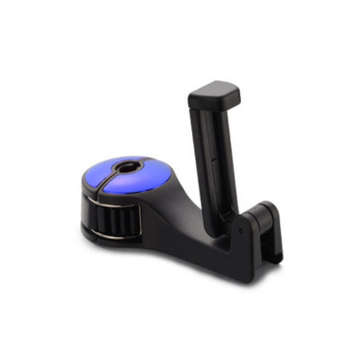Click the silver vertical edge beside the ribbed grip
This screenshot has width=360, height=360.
click(x=139, y=220)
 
